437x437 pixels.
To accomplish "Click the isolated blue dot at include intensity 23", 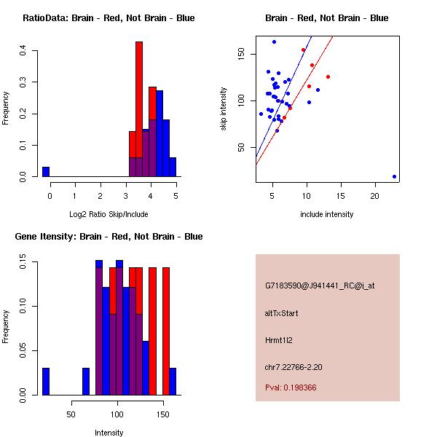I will [394, 176].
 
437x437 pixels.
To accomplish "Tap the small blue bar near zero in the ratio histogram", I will [46, 172].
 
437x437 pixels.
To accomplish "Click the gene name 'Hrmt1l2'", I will [280, 340].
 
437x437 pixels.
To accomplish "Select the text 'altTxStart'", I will [282, 313].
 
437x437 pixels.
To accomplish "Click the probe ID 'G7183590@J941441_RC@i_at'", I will [320, 286].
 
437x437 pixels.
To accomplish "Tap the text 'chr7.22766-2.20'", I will [294, 366].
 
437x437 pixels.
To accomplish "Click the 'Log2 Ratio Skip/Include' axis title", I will [109, 214].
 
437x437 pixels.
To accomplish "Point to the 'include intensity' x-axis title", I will [327, 214].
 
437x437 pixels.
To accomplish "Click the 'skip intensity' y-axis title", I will [224, 109].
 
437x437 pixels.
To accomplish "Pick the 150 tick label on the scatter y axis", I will [241, 55].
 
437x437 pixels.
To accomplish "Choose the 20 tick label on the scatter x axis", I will [375, 196].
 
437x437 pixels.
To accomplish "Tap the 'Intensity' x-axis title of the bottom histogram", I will [109, 433].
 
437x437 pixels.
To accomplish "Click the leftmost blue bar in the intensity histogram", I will [46, 382].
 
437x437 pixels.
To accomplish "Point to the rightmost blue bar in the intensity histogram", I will [173, 382].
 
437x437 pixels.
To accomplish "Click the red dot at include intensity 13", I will [328, 76].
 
